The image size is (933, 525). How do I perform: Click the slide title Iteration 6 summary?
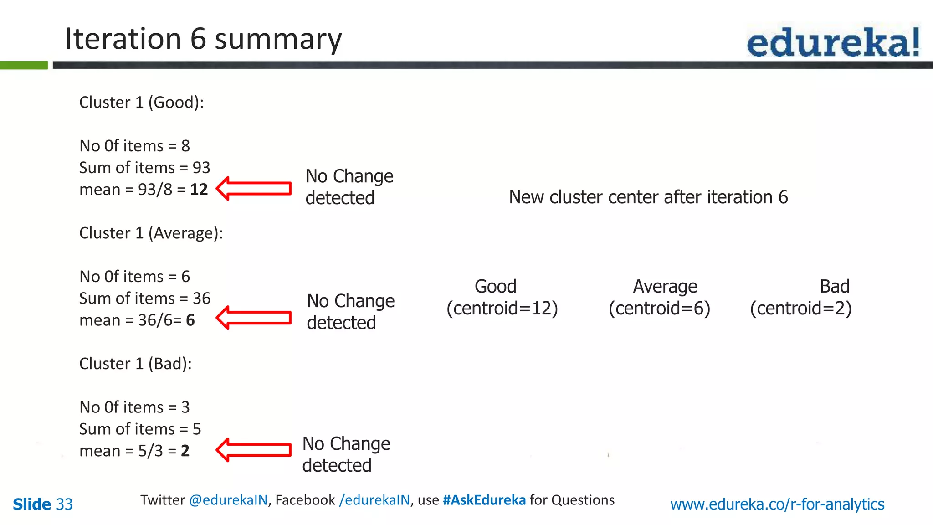[203, 39]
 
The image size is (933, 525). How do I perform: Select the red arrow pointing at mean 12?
[254, 189]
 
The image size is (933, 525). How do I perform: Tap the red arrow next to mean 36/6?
[254, 318]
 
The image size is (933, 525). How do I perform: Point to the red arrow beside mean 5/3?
[254, 450]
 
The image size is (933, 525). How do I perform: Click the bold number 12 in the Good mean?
[199, 190]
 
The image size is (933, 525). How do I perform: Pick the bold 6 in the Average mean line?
[190, 320]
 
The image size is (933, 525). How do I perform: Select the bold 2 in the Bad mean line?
[185, 451]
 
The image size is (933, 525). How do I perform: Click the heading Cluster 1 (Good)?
[141, 103]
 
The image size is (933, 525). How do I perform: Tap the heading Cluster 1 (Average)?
[151, 233]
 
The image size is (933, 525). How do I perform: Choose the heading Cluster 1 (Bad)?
[135, 364]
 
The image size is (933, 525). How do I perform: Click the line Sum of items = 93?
[144, 168]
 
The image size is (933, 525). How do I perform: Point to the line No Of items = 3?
[134, 407]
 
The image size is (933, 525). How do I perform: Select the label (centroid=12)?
[502, 309]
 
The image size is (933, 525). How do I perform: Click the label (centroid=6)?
[659, 309]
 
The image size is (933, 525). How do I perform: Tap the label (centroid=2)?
[800, 309]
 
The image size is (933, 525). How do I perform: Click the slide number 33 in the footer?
[64, 504]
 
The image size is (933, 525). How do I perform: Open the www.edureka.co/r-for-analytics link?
[777, 504]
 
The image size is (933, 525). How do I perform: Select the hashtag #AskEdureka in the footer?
[484, 500]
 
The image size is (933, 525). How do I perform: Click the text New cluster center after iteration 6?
[648, 197]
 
